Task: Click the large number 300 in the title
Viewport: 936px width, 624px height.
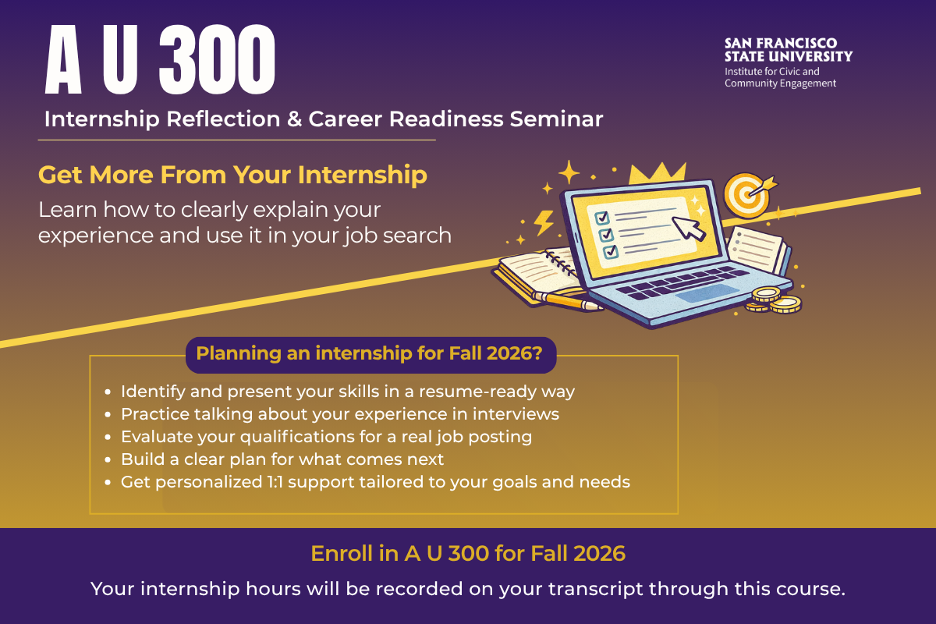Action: tap(217, 59)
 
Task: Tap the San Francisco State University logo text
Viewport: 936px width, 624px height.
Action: tap(788, 50)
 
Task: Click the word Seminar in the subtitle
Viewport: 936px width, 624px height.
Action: tap(556, 119)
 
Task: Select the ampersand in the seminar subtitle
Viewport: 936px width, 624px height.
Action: tap(294, 119)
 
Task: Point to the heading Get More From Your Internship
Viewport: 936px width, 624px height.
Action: tap(232, 174)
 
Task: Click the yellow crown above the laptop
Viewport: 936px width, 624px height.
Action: tap(658, 173)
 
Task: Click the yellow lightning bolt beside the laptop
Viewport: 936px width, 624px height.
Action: tap(544, 222)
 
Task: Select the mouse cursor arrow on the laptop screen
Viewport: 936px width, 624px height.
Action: tap(689, 229)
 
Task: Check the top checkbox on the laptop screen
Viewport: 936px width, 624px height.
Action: tap(601, 218)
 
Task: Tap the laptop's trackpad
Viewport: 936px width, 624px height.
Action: tap(707, 293)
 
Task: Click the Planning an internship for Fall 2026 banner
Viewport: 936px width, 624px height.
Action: tap(370, 354)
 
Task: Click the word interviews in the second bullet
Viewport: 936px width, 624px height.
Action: tap(516, 414)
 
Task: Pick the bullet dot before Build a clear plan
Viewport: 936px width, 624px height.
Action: tap(108, 459)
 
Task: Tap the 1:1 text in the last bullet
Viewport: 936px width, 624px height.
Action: tap(275, 482)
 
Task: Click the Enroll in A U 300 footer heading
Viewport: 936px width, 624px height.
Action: tap(468, 553)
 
